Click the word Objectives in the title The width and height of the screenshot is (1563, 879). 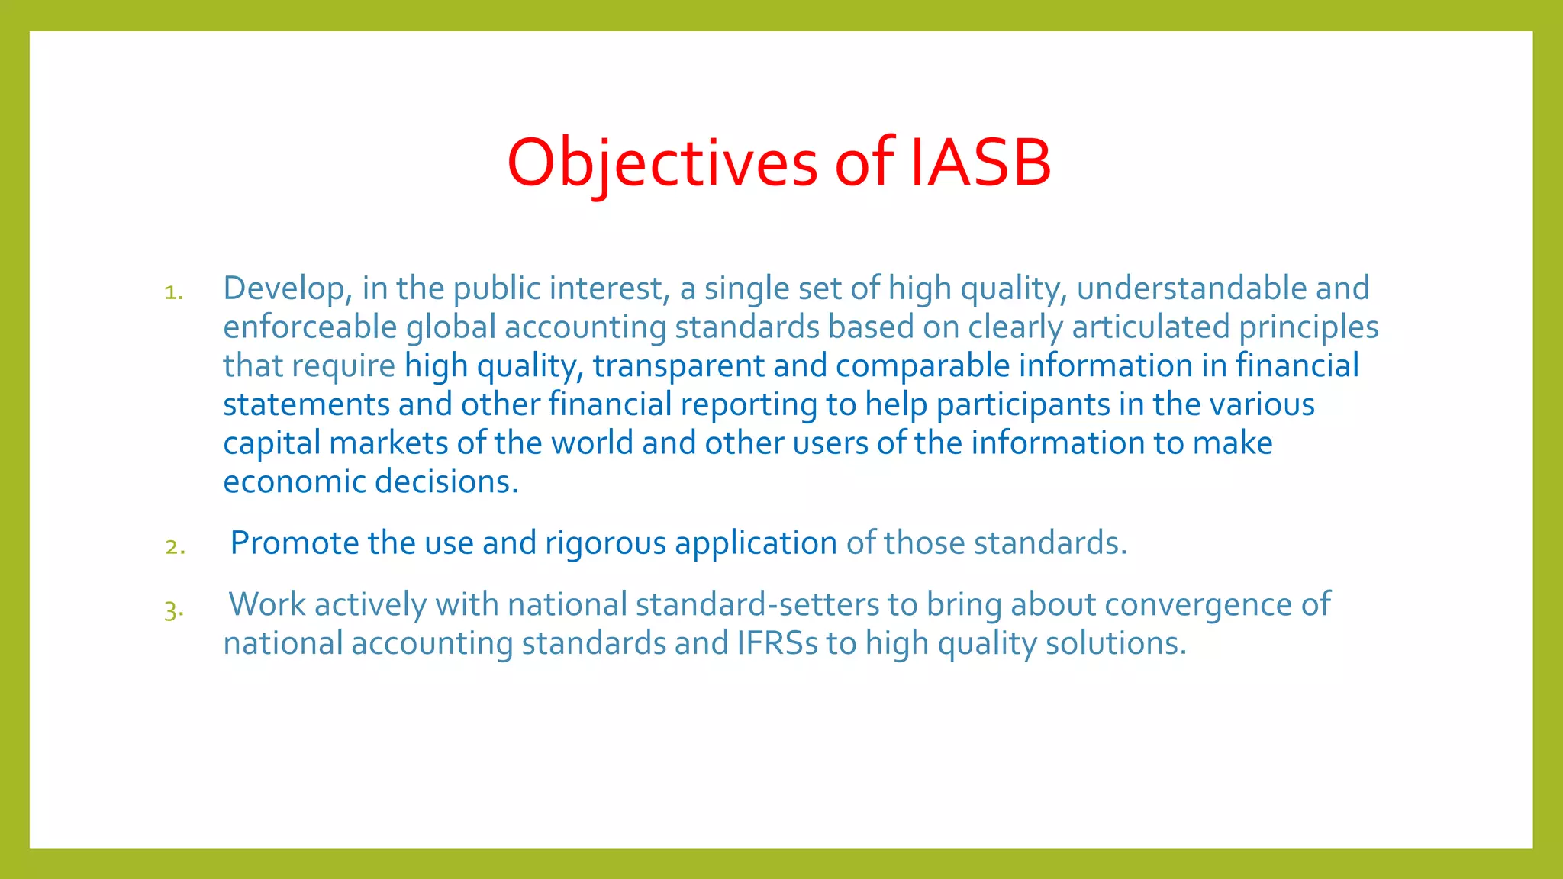662,163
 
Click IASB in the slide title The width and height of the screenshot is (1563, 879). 981,163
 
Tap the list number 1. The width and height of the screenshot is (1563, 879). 174,292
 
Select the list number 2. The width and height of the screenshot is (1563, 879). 175,546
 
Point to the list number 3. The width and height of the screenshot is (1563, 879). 174,610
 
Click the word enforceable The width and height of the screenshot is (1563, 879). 310,327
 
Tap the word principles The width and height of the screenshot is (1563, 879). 1308,327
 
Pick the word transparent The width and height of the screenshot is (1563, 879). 678,365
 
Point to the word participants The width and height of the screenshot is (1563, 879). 1023,404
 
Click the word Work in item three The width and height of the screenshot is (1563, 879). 266,604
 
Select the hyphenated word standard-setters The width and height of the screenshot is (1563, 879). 757,604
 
